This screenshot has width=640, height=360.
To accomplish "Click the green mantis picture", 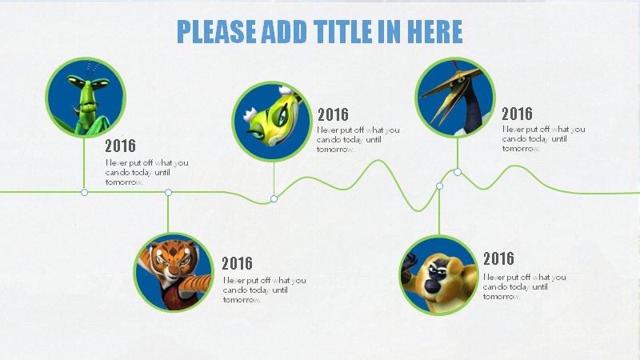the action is [x=86, y=98].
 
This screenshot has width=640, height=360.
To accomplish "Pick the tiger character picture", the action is [x=174, y=272].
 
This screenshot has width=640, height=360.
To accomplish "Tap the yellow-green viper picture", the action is [x=272, y=122].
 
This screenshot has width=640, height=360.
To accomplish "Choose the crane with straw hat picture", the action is [x=455, y=97].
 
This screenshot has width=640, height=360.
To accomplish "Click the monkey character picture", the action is [x=438, y=275].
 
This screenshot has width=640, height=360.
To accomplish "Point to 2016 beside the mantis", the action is [x=120, y=146].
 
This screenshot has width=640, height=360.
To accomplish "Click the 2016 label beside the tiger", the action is [x=237, y=263].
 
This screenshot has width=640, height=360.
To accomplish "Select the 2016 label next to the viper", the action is [x=333, y=114].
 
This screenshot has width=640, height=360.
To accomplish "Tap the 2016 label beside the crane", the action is [x=517, y=114].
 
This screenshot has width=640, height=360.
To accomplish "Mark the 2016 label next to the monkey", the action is [x=498, y=258].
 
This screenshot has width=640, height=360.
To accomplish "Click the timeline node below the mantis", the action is [x=84, y=192].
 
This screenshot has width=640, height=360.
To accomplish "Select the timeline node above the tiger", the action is [x=168, y=192].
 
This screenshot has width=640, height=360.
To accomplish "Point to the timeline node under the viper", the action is [x=274, y=198].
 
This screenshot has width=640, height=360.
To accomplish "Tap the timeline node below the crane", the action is [x=458, y=172].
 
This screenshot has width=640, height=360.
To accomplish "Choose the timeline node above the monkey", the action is [x=439, y=186].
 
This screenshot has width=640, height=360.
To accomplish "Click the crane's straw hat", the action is [x=449, y=83].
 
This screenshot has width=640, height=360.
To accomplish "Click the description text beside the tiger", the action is [x=264, y=290].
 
